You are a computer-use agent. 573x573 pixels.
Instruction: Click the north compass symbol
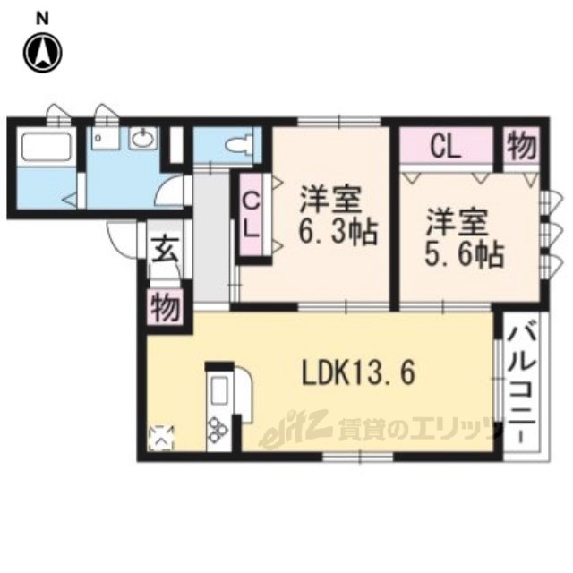[43, 52]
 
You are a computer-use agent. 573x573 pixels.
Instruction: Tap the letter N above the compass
[43, 19]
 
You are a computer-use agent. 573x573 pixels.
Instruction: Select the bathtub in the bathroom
[47, 146]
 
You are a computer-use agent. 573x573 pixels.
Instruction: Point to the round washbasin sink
[144, 138]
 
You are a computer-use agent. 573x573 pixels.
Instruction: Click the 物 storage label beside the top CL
[522, 147]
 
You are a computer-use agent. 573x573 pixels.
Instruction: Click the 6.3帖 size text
[338, 232]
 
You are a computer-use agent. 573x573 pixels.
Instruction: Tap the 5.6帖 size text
[465, 253]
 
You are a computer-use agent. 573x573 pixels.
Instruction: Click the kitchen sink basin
[218, 390]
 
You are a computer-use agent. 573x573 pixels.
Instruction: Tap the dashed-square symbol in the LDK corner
[161, 438]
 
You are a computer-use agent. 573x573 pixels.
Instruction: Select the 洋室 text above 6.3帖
[330, 200]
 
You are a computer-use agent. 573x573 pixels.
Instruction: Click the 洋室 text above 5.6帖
[458, 221]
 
